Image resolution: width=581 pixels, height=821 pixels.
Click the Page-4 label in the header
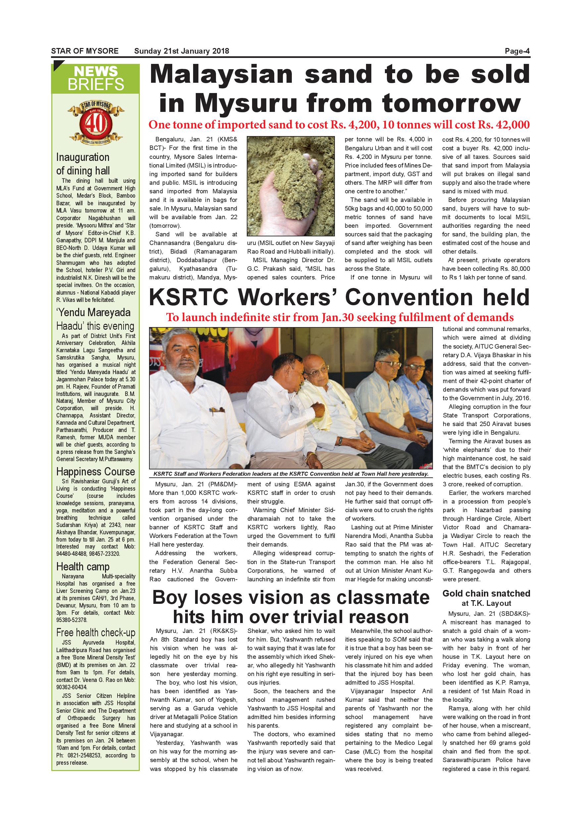(517, 51)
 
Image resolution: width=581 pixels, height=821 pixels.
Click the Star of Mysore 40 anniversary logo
(95, 122)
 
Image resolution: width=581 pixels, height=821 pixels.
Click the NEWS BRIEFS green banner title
(95, 78)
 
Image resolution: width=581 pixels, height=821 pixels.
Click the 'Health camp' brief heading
(82, 567)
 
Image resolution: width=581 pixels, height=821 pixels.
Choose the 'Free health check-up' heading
(95, 633)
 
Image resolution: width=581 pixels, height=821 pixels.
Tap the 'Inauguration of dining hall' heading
(83, 164)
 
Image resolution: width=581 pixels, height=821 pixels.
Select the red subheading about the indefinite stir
(340, 317)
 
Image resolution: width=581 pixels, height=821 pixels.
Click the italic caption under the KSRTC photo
(290, 474)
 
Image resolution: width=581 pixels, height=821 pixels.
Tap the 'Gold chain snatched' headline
(486, 594)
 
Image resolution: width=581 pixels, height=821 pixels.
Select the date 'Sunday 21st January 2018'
(182, 51)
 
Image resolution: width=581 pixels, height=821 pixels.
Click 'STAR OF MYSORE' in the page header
(85, 51)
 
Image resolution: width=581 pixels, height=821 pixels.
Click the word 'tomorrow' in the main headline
(451, 104)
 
